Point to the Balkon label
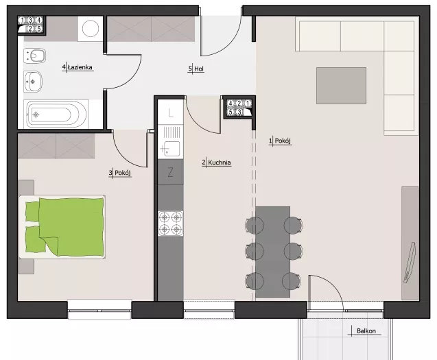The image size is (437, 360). (x=366, y=331)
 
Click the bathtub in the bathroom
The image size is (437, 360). (x=56, y=115)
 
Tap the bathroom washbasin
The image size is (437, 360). (x=33, y=82)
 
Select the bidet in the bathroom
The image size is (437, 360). (x=34, y=56)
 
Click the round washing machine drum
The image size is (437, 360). (x=91, y=28)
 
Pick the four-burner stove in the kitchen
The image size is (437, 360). (x=171, y=224)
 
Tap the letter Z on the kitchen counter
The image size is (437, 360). (x=170, y=172)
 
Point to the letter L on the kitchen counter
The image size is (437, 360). (x=170, y=113)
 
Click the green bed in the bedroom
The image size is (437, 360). (x=62, y=227)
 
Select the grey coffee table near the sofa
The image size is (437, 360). (x=341, y=86)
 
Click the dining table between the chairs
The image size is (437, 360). (x=273, y=252)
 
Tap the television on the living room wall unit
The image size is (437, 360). (x=410, y=263)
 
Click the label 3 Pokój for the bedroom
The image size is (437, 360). (x=120, y=173)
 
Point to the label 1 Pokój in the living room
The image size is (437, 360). (x=280, y=141)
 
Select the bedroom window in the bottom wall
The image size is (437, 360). (x=99, y=310)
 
